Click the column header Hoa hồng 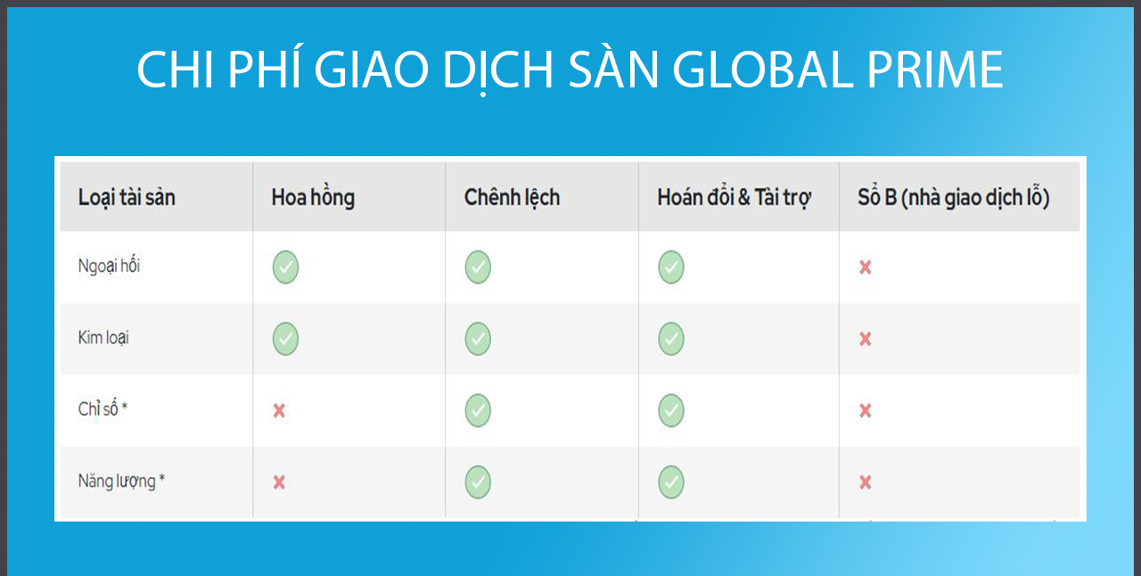pos(313,198)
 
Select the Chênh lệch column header pos(512,198)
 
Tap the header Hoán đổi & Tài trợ pos(734,198)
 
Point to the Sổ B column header pos(954,198)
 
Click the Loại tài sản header pos(127,198)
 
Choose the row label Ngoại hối pos(109,266)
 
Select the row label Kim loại pos(103,337)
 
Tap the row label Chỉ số pos(103,408)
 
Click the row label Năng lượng pos(121,481)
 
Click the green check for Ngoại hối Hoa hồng pos(285,267)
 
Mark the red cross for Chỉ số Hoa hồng pos(279,410)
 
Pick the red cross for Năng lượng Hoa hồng pos(279,482)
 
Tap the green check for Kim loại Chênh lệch pos(478,339)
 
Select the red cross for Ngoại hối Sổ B pos(866,267)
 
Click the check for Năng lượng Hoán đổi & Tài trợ pos(671,482)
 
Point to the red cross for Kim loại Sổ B pos(866,339)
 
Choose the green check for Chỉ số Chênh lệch pos(478,410)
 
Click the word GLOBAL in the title pos(762,70)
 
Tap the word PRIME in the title pos(935,70)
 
